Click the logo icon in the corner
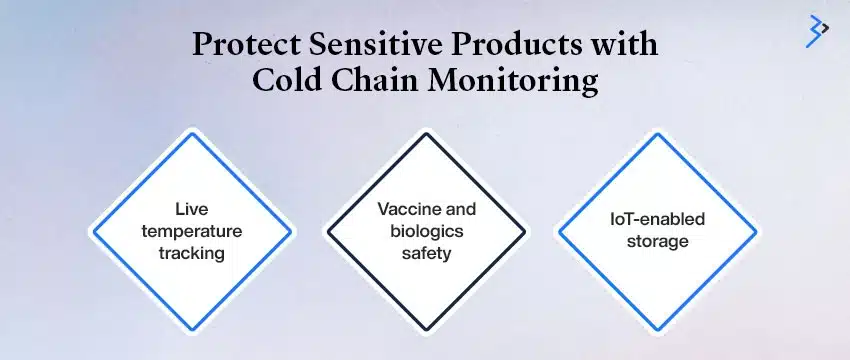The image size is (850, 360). pyautogui.click(x=817, y=31)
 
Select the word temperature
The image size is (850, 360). pyautogui.click(x=192, y=232)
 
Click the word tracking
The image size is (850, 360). pyautogui.click(x=192, y=253)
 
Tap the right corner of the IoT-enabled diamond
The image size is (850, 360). pyautogui.click(x=755, y=231)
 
